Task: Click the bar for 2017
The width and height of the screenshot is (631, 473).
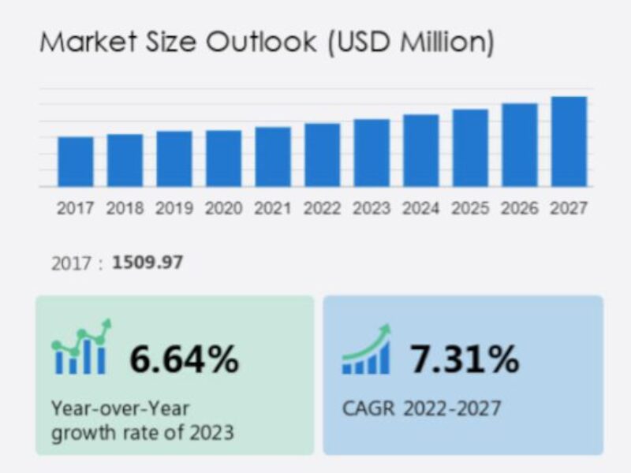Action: coord(76,162)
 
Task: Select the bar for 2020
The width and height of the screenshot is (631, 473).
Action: coord(224,158)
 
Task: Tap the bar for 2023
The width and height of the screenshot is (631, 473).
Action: coord(372,153)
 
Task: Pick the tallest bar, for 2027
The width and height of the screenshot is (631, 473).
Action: coord(569,142)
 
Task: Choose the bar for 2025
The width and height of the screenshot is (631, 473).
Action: coord(470,148)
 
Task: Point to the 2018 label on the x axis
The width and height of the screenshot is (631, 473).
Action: coord(125,209)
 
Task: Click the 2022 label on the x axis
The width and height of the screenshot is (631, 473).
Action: coord(323,209)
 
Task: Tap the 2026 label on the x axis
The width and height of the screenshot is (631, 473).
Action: coord(520,209)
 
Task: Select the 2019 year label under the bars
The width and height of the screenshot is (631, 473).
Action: coord(174,209)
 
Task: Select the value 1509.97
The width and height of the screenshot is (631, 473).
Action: coord(147,262)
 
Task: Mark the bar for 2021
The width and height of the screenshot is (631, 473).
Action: coord(273,157)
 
